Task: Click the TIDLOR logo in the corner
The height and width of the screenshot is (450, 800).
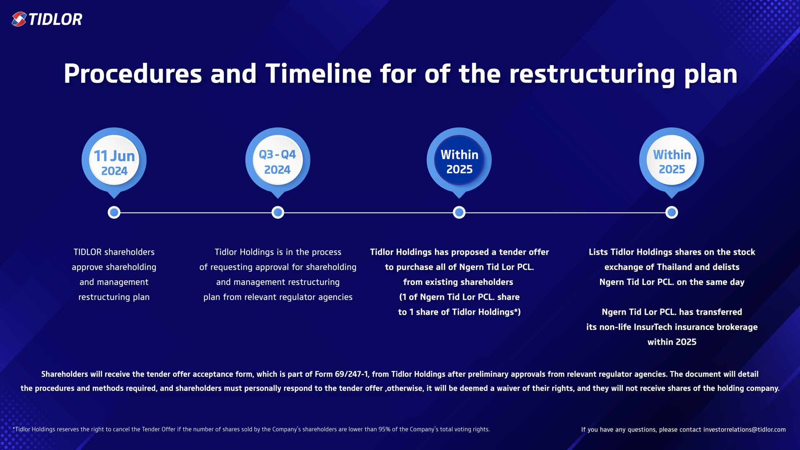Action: coord(47,19)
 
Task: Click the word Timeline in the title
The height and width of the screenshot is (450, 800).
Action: coord(318,74)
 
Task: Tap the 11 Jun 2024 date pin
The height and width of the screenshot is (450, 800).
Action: coord(114,161)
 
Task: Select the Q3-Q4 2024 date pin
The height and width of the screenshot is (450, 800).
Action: coord(277,161)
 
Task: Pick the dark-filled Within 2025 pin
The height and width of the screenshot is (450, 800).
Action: coord(459,161)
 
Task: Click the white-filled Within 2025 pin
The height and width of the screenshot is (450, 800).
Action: coord(672,161)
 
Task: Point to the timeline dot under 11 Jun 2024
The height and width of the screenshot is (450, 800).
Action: coord(114,212)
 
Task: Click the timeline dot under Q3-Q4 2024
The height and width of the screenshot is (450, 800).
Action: coord(278,212)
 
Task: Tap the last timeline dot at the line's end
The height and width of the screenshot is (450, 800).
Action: coord(672,212)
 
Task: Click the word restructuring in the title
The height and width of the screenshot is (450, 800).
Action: coord(592,74)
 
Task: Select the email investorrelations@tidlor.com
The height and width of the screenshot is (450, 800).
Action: coord(744,430)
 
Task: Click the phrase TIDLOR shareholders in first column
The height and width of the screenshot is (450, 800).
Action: coord(114,252)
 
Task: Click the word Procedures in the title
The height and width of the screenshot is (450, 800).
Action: coord(132,74)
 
